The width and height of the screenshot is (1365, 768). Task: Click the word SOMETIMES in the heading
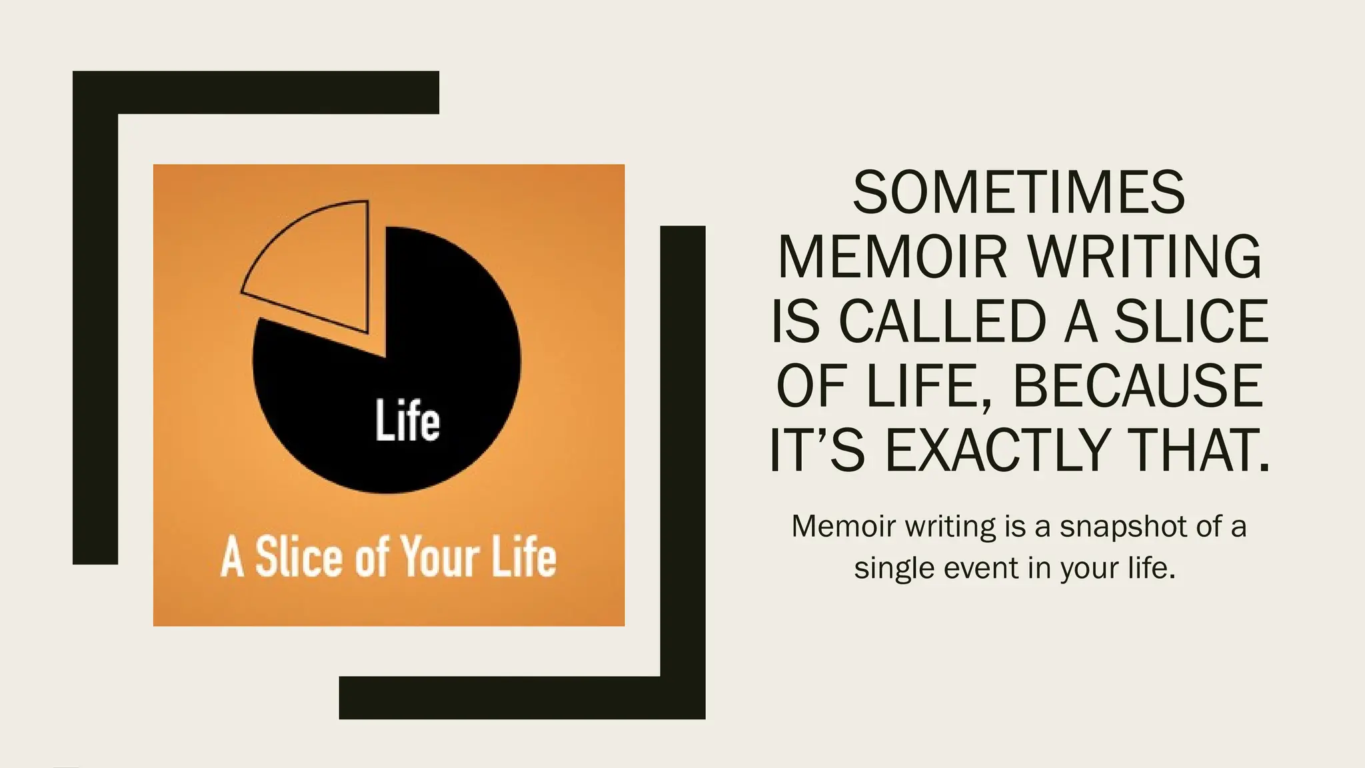(1019, 193)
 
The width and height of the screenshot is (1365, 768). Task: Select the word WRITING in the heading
(1145, 257)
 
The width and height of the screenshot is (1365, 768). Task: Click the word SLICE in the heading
(1191, 321)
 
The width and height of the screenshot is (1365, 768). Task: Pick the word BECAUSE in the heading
(1138, 386)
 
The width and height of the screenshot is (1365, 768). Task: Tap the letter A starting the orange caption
(233, 557)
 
